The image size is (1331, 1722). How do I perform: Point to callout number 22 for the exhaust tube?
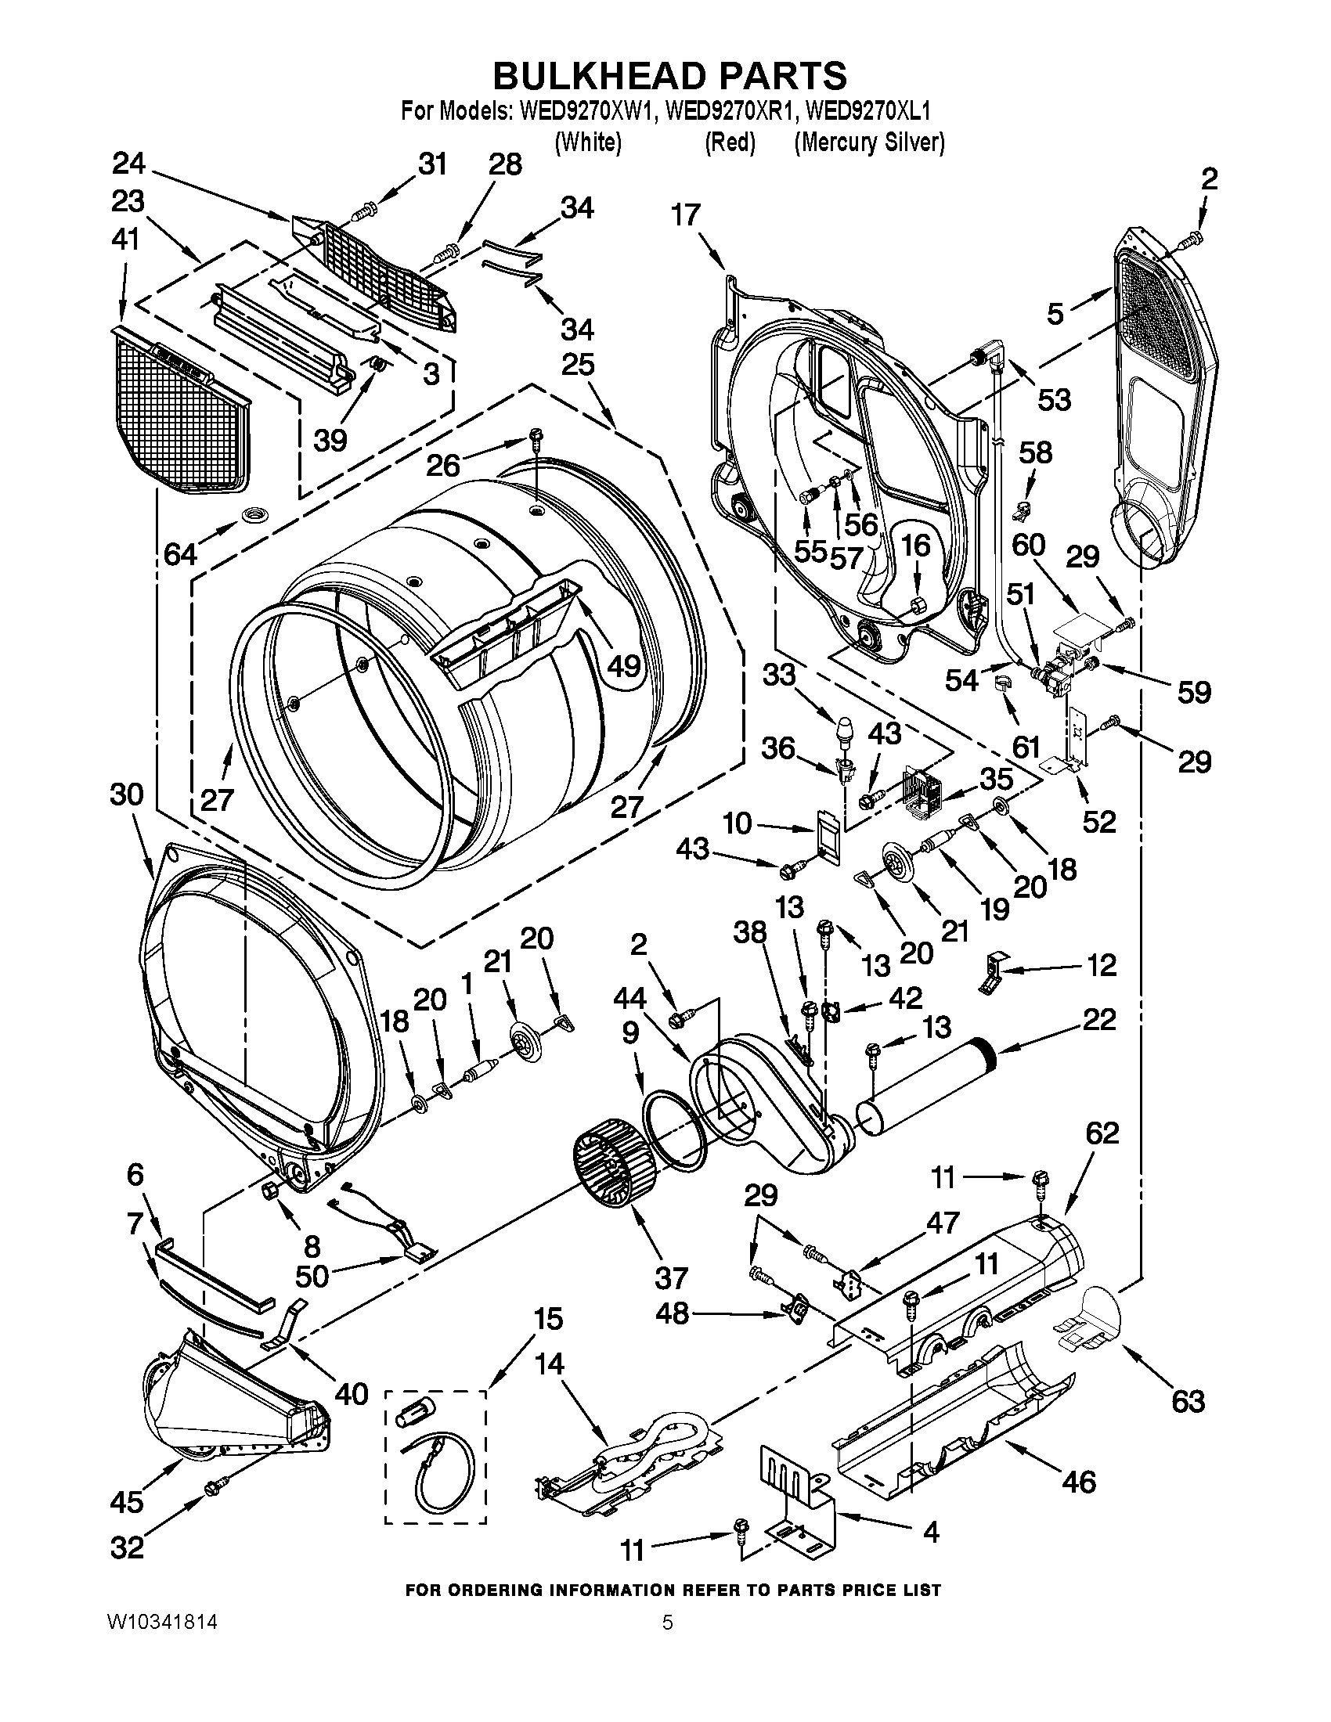(1099, 1019)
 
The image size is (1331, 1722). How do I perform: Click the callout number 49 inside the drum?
(623, 666)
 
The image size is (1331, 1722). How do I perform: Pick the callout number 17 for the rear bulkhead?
(686, 214)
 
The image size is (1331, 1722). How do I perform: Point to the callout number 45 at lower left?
(127, 1501)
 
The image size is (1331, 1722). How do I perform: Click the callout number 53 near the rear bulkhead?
(1053, 400)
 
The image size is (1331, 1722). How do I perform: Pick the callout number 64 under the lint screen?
(180, 554)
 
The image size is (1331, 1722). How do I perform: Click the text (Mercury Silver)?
(869, 142)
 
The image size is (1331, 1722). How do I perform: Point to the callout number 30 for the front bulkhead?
(127, 794)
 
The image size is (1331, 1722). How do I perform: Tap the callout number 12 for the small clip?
(1101, 964)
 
